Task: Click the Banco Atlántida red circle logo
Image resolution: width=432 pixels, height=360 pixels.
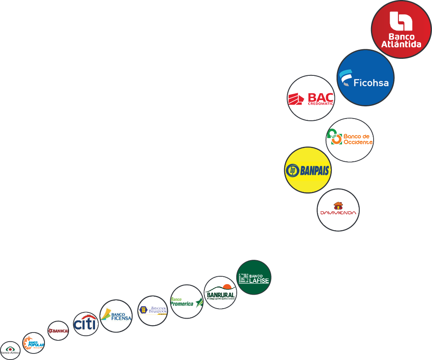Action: click(x=401, y=29)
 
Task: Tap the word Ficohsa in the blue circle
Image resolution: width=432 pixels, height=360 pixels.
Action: click(x=371, y=82)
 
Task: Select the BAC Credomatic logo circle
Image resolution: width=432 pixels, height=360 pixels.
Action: click(x=311, y=98)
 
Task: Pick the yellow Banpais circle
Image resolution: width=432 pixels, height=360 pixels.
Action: click(x=307, y=170)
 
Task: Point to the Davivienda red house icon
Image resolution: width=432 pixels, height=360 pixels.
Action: click(x=338, y=205)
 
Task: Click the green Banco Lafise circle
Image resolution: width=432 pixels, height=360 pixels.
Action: click(x=254, y=278)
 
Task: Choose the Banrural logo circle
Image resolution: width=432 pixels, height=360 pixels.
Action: click(x=221, y=292)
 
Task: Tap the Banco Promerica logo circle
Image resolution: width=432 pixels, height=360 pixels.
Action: click(x=187, y=302)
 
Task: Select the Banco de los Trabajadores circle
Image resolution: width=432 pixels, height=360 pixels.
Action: click(x=153, y=311)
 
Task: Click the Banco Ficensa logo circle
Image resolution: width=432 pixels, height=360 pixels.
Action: click(x=116, y=316)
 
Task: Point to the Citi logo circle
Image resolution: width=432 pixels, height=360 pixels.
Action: click(x=85, y=324)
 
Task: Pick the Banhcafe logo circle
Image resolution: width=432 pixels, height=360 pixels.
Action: click(x=58, y=331)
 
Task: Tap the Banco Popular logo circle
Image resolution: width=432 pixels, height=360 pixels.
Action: click(x=34, y=343)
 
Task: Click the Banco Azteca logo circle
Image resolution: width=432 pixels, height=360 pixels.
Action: click(x=10, y=350)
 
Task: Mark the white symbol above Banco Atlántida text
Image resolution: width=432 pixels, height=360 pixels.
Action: click(x=401, y=21)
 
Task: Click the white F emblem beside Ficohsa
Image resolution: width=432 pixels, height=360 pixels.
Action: click(x=346, y=78)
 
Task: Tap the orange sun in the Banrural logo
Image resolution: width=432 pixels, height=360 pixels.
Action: click(x=227, y=287)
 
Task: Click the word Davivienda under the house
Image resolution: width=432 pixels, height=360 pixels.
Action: click(x=338, y=213)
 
